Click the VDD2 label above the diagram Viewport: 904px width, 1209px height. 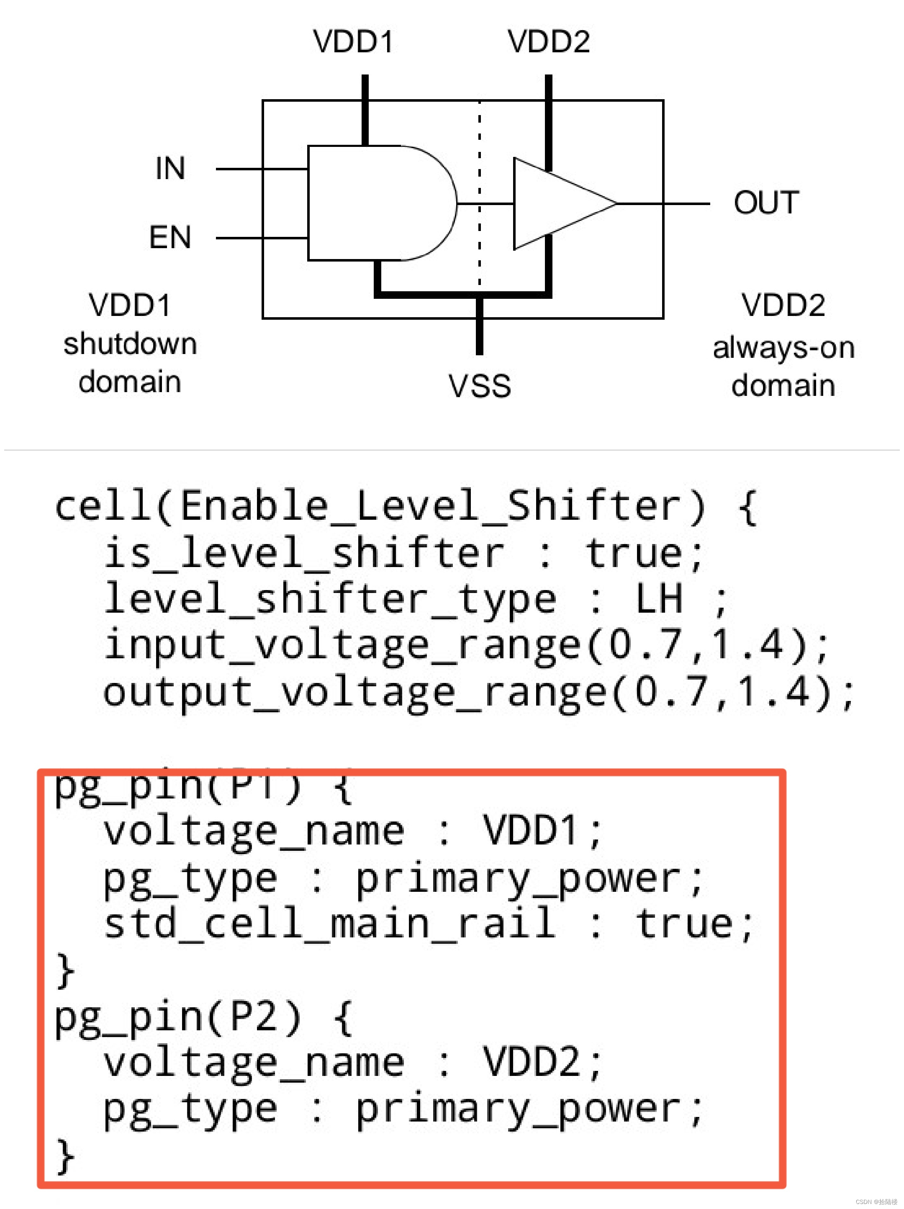click(548, 41)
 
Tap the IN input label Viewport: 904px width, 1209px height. click(170, 168)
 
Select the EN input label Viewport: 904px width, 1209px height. click(170, 237)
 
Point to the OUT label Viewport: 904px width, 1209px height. click(766, 203)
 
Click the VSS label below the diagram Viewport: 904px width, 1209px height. click(479, 385)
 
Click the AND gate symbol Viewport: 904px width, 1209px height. click(377, 203)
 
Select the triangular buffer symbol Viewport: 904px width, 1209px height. click(557, 203)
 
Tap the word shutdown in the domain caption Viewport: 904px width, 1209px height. click(130, 344)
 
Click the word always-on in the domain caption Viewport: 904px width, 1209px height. click(783, 348)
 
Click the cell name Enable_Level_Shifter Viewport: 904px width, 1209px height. click(443, 506)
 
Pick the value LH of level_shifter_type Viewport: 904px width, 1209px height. click(659, 598)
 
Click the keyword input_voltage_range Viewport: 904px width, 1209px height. click(342, 645)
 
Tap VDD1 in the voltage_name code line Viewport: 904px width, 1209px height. click(530, 831)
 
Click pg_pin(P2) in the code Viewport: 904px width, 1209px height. click(177, 1016)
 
